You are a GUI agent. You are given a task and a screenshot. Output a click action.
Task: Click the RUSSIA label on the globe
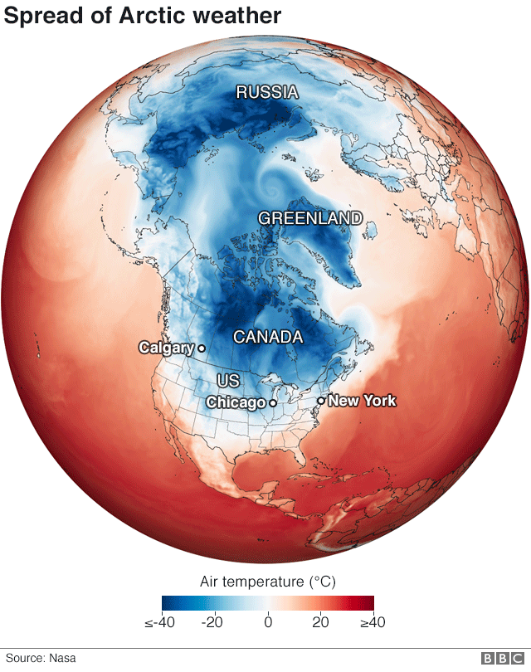266,92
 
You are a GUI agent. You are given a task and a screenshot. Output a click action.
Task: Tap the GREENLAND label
310,218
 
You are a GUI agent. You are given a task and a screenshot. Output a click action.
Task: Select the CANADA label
267,338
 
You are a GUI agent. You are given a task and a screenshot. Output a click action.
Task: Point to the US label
228,380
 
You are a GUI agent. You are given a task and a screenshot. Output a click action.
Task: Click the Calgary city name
166,348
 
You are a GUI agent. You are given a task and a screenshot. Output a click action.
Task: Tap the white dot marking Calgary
201,348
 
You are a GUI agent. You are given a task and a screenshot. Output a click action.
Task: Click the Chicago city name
235,402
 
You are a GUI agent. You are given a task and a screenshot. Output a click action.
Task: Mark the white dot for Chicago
272,402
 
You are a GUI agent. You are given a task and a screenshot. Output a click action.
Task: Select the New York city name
362,401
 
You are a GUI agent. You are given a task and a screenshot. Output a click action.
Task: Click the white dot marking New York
321,401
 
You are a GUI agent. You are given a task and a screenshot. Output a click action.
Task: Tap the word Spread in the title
43,15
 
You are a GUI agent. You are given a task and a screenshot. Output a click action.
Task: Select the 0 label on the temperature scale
268,621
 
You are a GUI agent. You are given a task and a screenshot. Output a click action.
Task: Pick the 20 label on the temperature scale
319,621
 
